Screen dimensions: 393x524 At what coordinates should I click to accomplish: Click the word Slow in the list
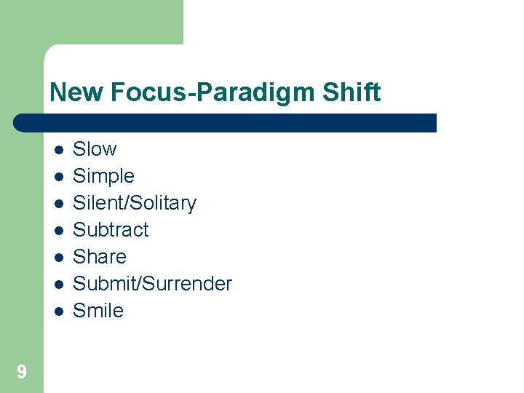[x=95, y=149]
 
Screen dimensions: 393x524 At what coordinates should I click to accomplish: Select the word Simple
[x=103, y=176]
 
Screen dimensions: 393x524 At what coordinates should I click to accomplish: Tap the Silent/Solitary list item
[x=135, y=203]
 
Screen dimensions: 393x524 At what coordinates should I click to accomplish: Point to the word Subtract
[x=111, y=230]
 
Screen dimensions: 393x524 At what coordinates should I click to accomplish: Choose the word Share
[x=100, y=257]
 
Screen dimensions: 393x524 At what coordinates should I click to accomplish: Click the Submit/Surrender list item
[x=152, y=284]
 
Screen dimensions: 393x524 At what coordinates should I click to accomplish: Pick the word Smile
[x=98, y=311]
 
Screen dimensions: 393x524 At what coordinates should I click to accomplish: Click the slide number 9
[x=22, y=373]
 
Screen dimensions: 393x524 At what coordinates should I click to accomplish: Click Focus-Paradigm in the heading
[x=209, y=93]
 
